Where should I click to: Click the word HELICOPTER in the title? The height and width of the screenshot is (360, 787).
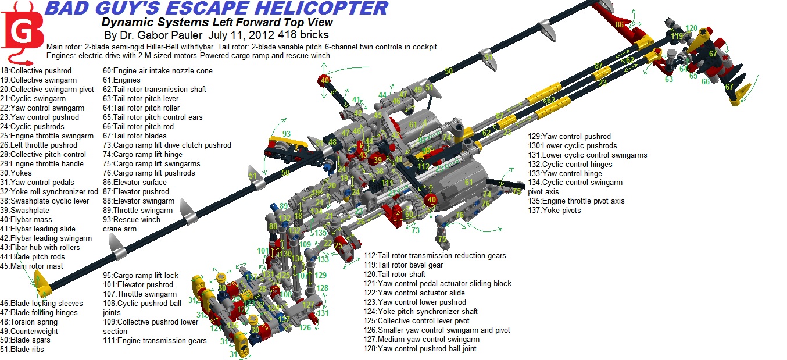point(323,8)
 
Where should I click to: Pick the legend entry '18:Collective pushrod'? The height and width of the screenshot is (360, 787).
point(36,70)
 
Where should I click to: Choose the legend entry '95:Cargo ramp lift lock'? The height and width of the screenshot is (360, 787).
point(141,275)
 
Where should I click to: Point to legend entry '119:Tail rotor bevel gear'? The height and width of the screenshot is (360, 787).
point(403,265)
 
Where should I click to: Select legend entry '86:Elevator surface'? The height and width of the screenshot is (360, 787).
point(134,182)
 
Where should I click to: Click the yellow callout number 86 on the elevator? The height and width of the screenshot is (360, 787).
point(620,24)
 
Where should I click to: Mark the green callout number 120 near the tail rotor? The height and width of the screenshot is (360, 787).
point(691,28)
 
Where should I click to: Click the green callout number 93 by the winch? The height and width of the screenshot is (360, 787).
point(286,134)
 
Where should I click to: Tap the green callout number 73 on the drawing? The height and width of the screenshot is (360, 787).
point(416,231)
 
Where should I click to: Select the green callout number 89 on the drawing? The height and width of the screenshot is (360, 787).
point(283,206)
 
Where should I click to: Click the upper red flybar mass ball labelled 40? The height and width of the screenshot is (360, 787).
point(324,80)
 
